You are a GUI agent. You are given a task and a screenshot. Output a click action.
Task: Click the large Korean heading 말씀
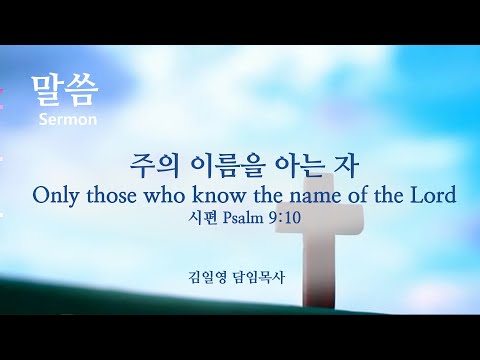point(65,91)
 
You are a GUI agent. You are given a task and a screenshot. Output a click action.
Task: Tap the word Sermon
point(68,119)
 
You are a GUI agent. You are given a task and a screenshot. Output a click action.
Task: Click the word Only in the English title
point(56,196)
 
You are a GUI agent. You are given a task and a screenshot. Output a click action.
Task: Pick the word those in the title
point(111,195)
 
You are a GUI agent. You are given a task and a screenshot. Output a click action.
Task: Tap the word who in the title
point(164,195)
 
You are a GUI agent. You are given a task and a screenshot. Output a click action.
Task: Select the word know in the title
point(219,195)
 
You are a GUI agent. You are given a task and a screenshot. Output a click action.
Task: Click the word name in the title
point(315,197)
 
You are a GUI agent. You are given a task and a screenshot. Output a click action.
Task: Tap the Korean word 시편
point(203,218)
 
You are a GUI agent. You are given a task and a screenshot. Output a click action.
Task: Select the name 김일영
point(207,277)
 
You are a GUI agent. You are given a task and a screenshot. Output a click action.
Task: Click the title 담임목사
point(259,277)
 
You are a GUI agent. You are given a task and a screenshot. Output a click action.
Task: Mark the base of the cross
point(319,300)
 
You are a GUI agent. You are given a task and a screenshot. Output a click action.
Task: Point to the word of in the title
point(357,195)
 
